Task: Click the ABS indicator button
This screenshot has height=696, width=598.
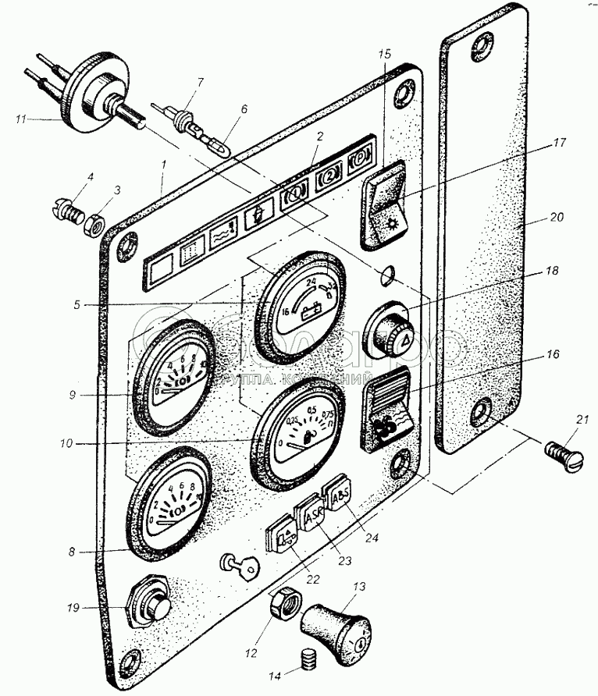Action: tap(341, 495)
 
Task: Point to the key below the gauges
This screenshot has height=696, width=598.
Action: tap(240, 566)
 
